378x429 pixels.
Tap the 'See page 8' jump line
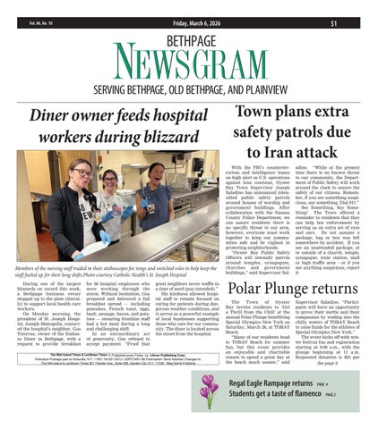(352, 364)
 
